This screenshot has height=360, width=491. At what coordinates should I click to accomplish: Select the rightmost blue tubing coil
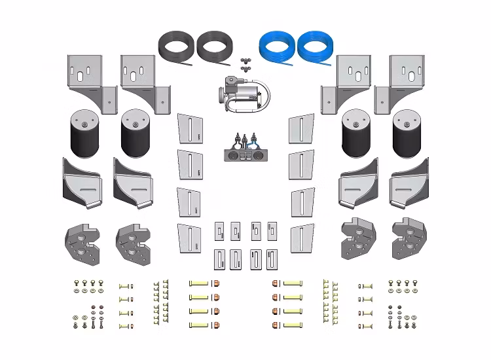[x=315, y=47]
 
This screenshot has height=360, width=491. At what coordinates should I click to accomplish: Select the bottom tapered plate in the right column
[x=302, y=239]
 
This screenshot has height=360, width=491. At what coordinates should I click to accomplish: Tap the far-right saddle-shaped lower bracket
[x=409, y=183]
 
